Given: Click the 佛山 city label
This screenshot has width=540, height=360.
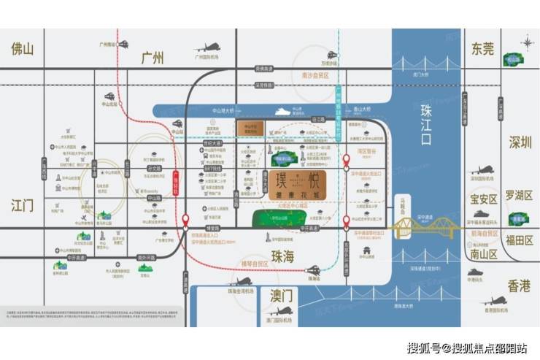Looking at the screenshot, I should [23, 49].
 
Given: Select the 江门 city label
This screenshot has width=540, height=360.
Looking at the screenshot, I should [23, 205].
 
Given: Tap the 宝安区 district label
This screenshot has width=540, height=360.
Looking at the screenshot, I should [482, 199].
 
